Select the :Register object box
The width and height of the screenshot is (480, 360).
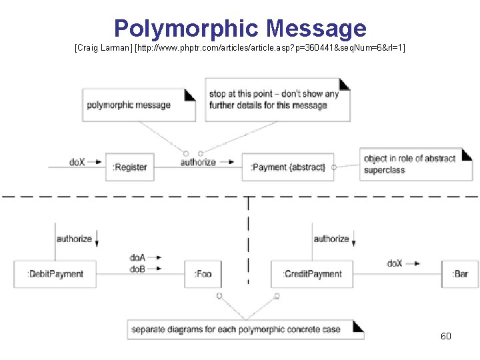(129, 167)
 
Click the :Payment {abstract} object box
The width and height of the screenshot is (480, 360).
(287, 167)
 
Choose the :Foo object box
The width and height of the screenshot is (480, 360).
(203, 273)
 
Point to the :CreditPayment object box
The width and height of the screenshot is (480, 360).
(311, 273)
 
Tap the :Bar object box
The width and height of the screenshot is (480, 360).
(460, 273)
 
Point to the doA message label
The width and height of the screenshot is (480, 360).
(138, 257)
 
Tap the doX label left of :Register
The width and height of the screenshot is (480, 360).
(77, 161)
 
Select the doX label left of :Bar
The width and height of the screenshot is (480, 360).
(395, 263)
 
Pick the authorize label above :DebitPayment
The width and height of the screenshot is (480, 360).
(74, 238)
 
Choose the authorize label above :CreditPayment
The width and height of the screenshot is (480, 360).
(331, 238)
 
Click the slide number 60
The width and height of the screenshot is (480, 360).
(445, 336)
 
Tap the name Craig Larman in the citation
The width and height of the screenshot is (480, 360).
(103, 49)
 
